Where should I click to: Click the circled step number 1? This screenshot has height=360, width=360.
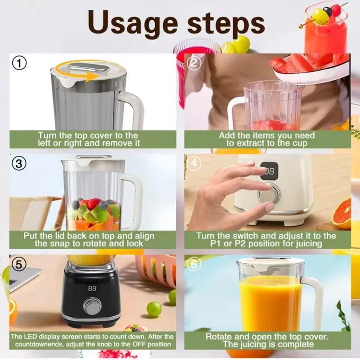[x=18, y=63]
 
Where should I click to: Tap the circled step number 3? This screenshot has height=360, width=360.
[x=18, y=164]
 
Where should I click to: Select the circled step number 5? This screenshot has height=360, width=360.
[x=18, y=264]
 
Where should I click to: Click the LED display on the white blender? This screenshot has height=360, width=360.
[x=270, y=171]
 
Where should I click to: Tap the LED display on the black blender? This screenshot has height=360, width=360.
[x=92, y=288]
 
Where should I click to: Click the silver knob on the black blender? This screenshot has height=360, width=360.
[x=92, y=307]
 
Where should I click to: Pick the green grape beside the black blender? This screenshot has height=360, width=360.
[x=154, y=309]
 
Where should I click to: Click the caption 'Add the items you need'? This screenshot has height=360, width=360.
[x=267, y=135]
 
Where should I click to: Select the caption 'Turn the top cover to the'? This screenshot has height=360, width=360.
[x=88, y=135]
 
